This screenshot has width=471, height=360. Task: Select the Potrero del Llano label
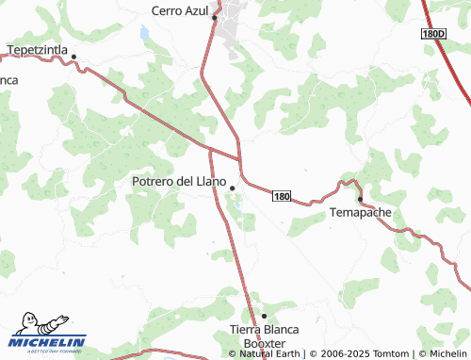point(179,179)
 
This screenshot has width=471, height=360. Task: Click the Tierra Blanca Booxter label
point(264,336)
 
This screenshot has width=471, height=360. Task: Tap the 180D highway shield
point(432,33)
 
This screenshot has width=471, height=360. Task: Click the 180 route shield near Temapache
point(282,196)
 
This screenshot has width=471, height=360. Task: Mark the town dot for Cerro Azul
point(215,17)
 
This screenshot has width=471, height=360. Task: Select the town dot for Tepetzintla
point(73,57)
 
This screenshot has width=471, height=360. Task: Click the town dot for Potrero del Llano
point(232,188)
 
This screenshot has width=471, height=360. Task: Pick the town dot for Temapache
point(360,199)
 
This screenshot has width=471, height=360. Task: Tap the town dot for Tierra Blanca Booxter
point(264,316)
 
